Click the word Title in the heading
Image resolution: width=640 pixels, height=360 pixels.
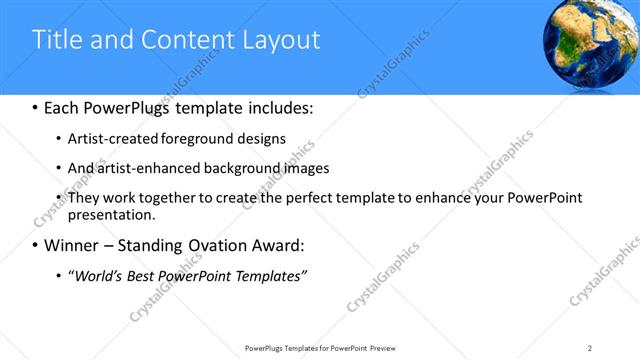[x=58, y=40]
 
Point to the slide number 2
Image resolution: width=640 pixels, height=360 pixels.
[x=590, y=348]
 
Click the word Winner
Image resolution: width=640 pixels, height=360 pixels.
[x=74, y=245]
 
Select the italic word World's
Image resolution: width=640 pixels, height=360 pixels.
[x=99, y=274]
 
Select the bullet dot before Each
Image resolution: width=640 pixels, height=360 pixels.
[x=35, y=106]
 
